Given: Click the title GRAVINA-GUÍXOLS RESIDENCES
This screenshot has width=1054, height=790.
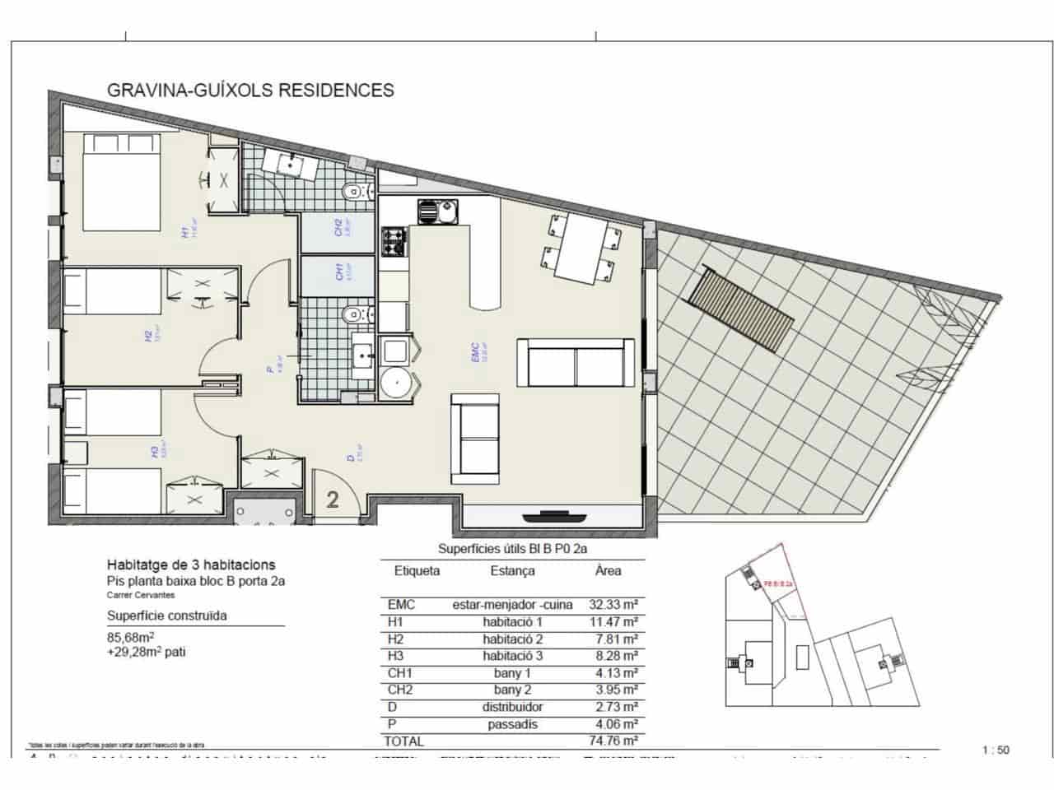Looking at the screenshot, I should pyautogui.click(x=250, y=90).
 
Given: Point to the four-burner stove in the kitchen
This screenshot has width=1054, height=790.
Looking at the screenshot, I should pyautogui.click(x=394, y=241).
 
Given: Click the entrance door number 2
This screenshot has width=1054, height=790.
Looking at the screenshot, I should pyautogui.click(x=333, y=500).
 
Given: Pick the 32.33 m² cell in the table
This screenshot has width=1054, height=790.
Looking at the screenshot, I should pyautogui.click(x=614, y=605).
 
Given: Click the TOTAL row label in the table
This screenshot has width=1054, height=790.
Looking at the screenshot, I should pyautogui.click(x=403, y=741).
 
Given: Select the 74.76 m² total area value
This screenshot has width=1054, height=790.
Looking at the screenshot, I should pyautogui.click(x=614, y=741).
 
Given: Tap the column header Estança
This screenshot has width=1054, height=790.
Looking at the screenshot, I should pyautogui.click(x=512, y=570).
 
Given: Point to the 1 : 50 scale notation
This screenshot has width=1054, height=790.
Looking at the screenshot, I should pyautogui.click(x=996, y=750).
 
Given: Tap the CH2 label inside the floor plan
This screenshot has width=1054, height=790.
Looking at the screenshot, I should pyautogui.click(x=339, y=228).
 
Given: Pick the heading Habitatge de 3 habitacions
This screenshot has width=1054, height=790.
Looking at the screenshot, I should pyautogui.click(x=191, y=565).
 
